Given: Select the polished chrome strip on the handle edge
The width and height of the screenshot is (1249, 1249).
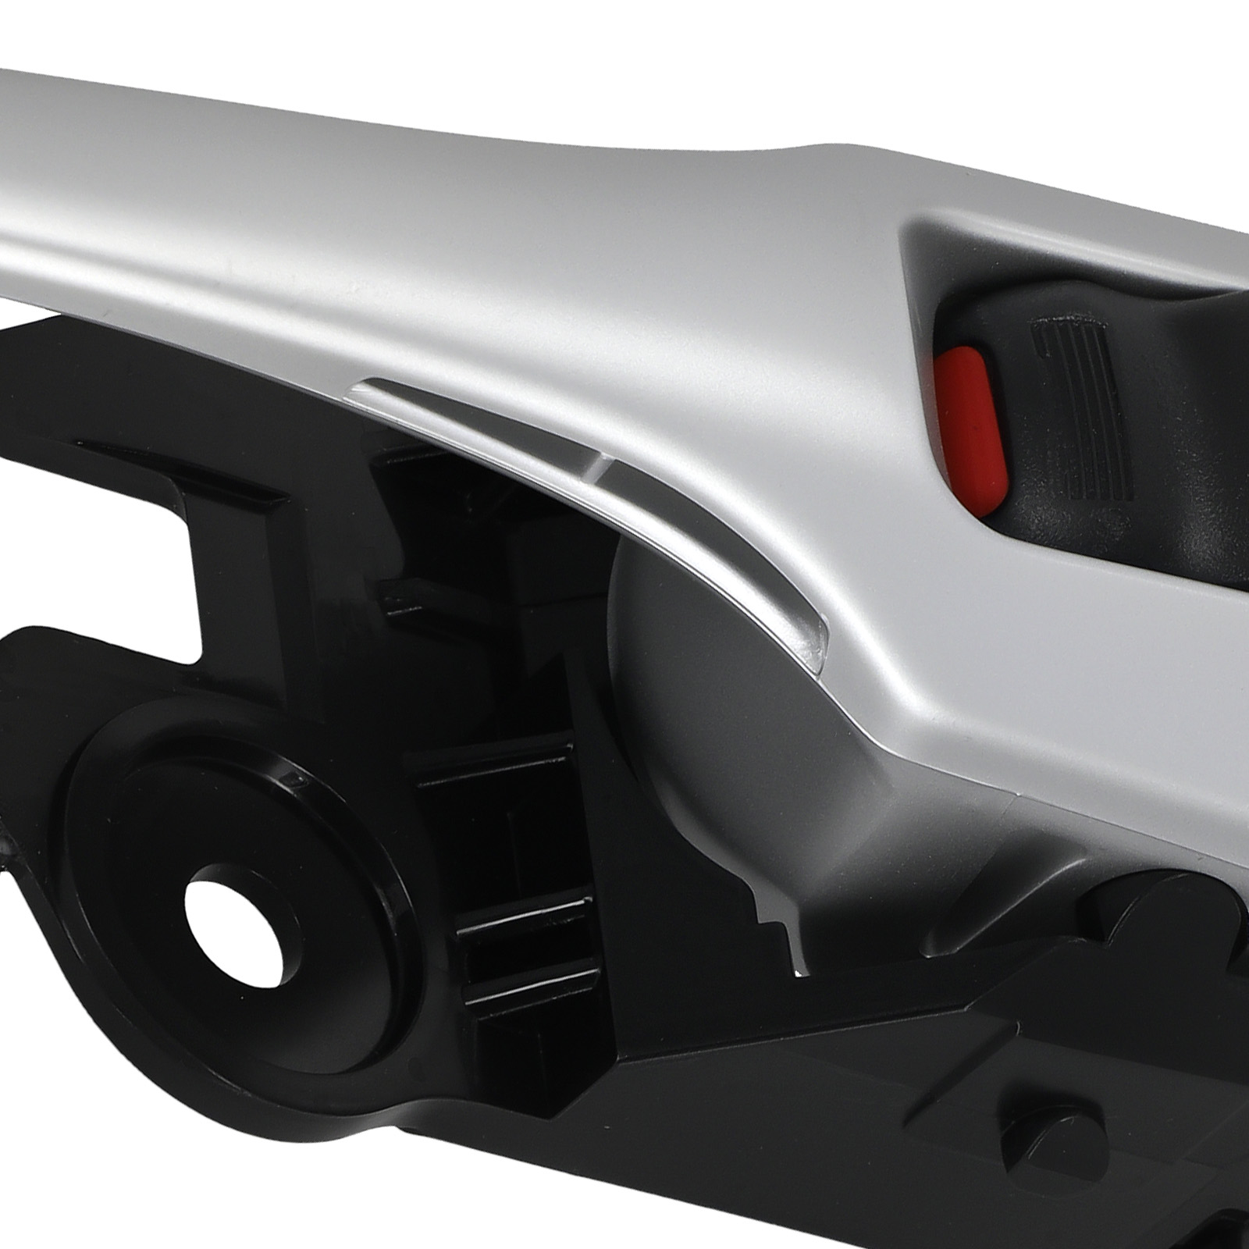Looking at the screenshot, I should point(593,500).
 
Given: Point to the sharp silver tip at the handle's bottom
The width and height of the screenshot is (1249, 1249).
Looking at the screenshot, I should point(798,968).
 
